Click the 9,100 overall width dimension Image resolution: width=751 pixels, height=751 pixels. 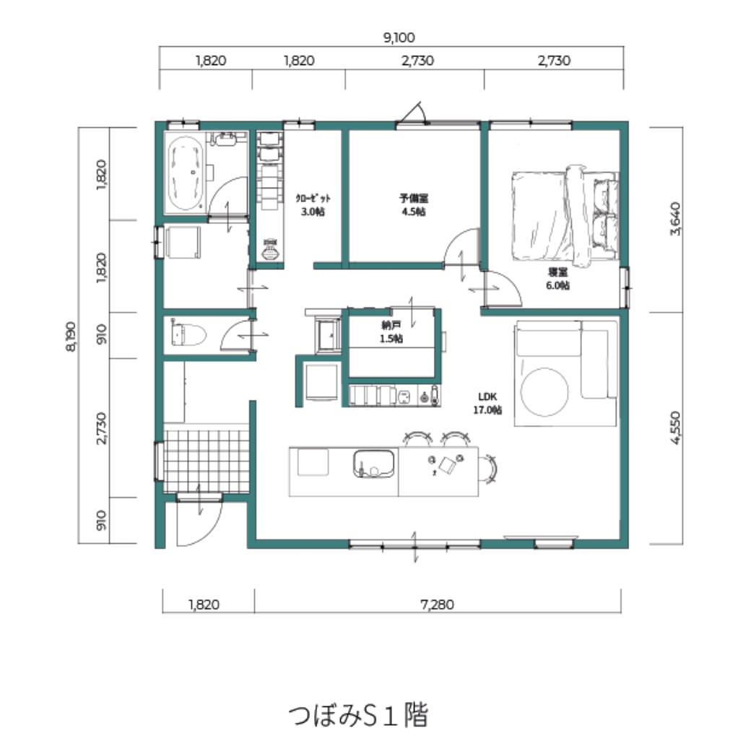(399, 38)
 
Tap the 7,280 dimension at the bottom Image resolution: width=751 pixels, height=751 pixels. (438, 604)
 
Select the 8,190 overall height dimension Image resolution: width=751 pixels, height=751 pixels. (71, 337)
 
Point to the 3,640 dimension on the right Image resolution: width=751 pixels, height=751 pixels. (675, 219)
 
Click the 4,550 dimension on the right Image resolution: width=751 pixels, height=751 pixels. (675, 427)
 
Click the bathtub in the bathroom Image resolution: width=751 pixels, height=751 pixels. (186, 174)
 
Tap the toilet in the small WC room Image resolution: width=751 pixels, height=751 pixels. (188, 334)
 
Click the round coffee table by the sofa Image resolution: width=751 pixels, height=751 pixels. (544, 392)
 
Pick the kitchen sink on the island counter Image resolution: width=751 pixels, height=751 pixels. (373, 464)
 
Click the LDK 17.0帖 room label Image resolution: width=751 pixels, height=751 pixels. (487, 403)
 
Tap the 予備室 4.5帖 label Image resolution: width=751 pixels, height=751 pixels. (414, 205)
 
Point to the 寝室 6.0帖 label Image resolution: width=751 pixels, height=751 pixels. (558, 279)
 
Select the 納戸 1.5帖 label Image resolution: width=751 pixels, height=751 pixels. (391, 332)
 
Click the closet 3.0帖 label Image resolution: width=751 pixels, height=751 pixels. (313, 205)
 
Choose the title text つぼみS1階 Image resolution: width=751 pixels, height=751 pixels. (358, 715)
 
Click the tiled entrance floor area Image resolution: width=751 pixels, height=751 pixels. (207, 461)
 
